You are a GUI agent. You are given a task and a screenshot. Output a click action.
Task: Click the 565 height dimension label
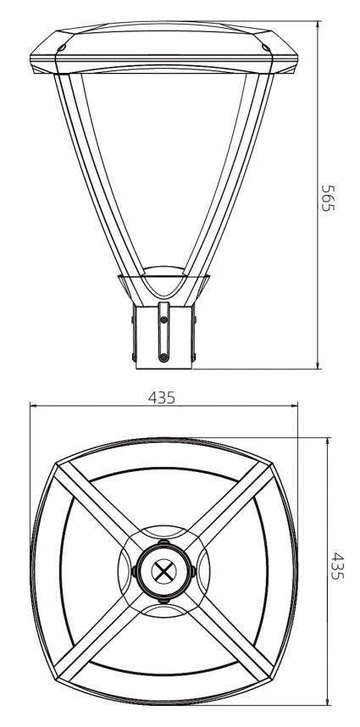(x=328, y=198)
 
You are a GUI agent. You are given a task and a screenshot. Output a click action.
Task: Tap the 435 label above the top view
(x=162, y=397)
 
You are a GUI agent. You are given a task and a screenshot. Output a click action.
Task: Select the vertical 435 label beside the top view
(x=338, y=566)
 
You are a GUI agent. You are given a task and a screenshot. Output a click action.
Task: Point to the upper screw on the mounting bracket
(x=163, y=320)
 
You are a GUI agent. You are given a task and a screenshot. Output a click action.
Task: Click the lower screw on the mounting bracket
(x=163, y=357)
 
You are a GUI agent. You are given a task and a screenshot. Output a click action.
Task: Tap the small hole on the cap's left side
(x=62, y=48)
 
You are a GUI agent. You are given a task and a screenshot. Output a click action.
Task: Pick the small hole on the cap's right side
(x=265, y=48)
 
